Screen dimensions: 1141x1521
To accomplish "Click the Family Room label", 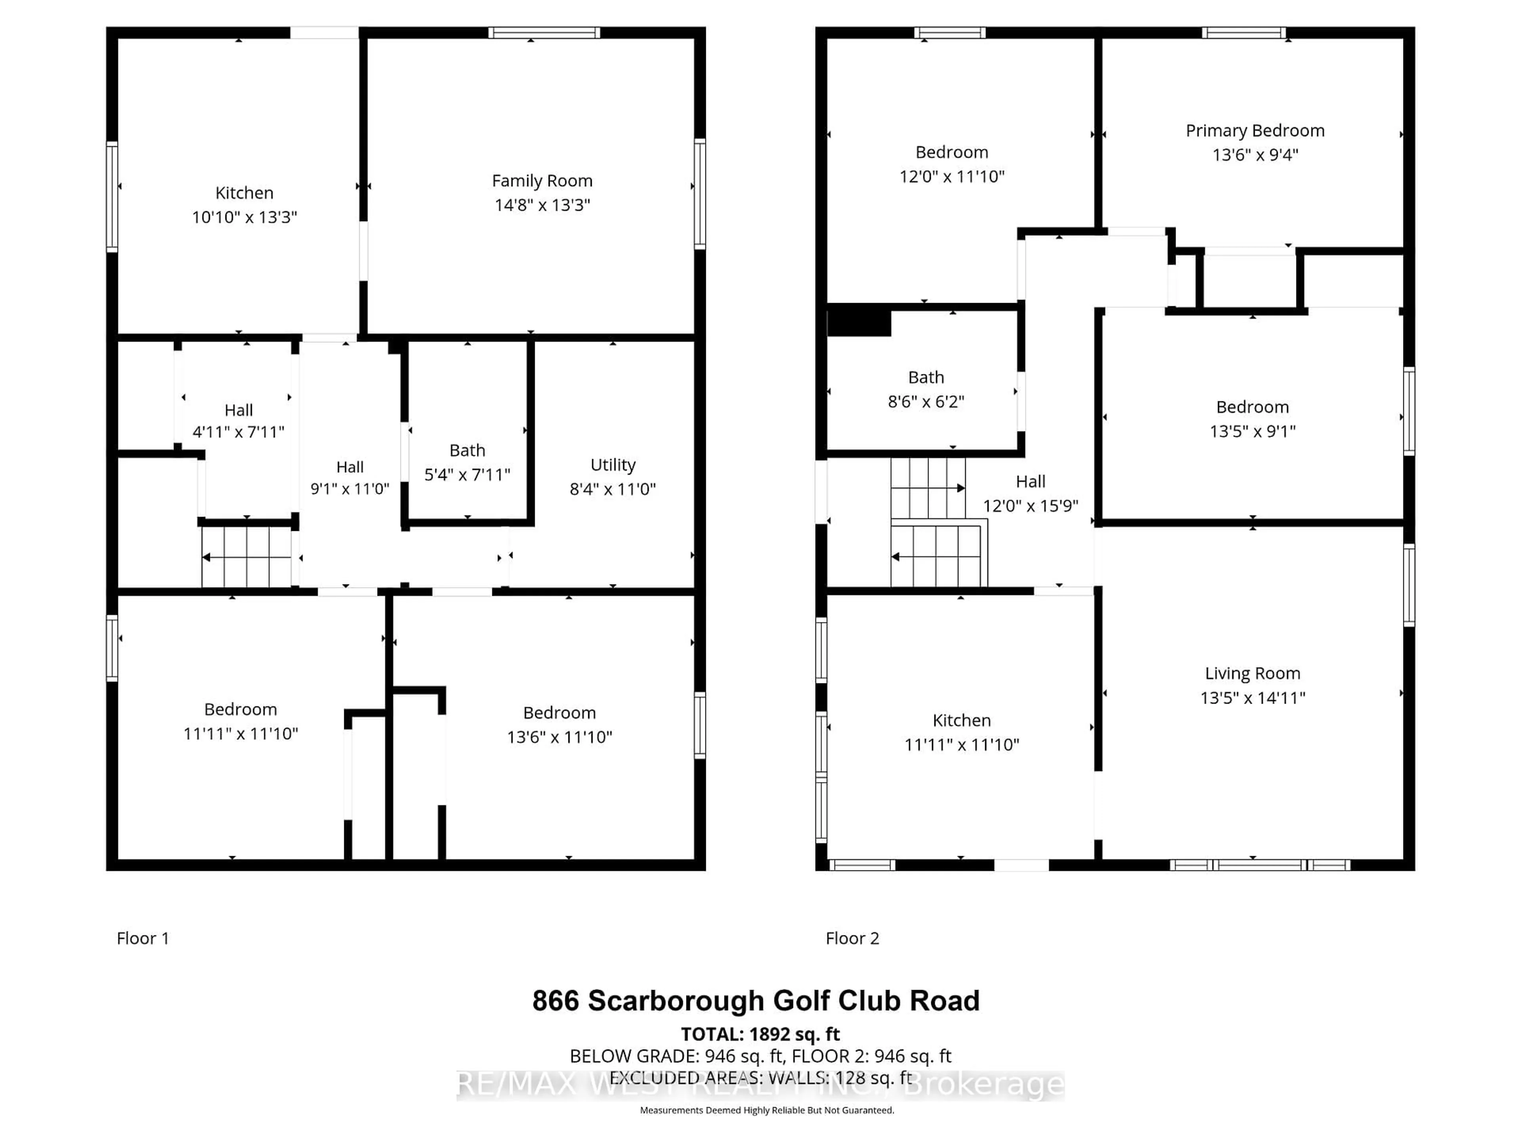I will pyautogui.click(x=542, y=181).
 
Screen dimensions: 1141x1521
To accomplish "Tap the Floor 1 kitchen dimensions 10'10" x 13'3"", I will pyautogui.click(x=244, y=218).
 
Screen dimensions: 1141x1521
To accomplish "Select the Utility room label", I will pyautogui.click(x=613, y=465).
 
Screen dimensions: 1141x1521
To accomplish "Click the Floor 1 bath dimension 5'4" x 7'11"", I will pyautogui.click(x=467, y=475).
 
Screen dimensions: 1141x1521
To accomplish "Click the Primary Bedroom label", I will pyautogui.click(x=1255, y=131).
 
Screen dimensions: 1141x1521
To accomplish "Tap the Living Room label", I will pyautogui.click(x=1252, y=674).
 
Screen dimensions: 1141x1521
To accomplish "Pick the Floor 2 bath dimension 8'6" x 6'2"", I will pyautogui.click(x=926, y=402).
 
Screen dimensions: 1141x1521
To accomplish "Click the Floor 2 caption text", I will pyautogui.click(x=852, y=938).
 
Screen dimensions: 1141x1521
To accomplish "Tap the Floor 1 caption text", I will pyautogui.click(x=142, y=938).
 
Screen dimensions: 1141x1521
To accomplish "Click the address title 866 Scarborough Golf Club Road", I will pyautogui.click(x=756, y=1001).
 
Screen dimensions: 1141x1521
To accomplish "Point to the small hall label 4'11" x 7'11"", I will pyautogui.click(x=238, y=432).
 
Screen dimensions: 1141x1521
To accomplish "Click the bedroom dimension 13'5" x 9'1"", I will pyautogui.click(x=1252, y=431).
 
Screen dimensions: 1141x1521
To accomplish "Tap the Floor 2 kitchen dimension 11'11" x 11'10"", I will pyautogui.click(x=961, y=744).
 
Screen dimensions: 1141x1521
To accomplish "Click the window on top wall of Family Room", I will pyautogui.click(x=544, y=32).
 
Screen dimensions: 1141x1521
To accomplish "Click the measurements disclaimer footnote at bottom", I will pyautogui.click(x=767, y=1110).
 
